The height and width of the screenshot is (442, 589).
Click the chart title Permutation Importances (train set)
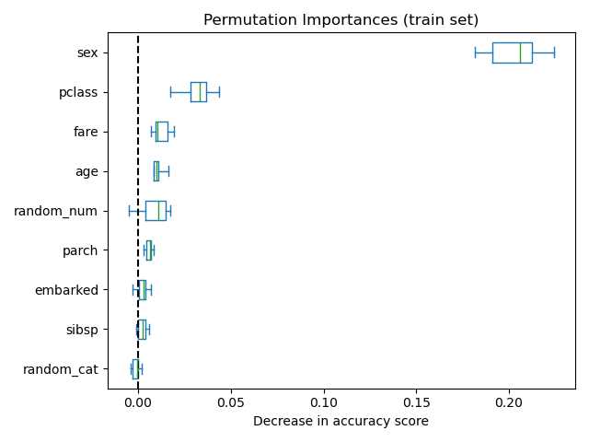(341, 20)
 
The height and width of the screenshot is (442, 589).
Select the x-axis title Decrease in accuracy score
(341, 422)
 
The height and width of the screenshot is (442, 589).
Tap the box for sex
(512, 52)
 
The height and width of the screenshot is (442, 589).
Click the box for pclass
(198, 92)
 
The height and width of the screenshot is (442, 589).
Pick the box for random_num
(156, 211)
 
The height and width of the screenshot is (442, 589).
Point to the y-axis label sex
(87, 52)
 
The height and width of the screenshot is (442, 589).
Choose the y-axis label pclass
(78, 92)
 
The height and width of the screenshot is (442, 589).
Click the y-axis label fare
(86, 132)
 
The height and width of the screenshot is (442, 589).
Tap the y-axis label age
(87, 171)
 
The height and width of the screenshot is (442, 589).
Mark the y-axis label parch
(80, 250)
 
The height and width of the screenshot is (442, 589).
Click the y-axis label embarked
(66, 290)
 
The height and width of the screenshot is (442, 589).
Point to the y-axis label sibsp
(82, 330)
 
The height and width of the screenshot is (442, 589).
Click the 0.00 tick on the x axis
(138, 402)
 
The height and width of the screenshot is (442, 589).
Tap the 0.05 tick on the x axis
(231, 402)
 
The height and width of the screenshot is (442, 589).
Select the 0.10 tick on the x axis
(324, 402)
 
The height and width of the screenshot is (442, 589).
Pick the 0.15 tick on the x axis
(417, 402)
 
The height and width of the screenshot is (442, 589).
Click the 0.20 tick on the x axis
(509, 402)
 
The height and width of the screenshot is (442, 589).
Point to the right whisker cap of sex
(554, 52)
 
